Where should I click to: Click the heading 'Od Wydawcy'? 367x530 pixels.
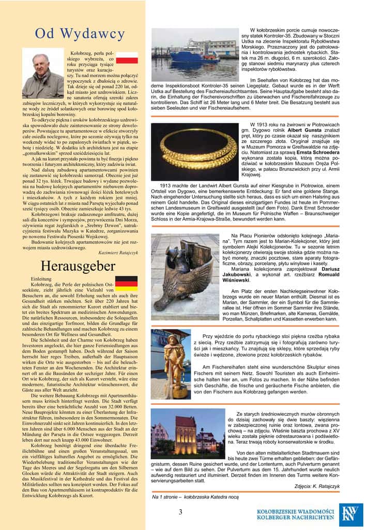[80, 34]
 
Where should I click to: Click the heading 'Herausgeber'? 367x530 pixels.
[78, 267]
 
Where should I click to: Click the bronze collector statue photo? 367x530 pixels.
[185, 277]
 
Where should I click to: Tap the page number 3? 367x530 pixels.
[180, 512]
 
